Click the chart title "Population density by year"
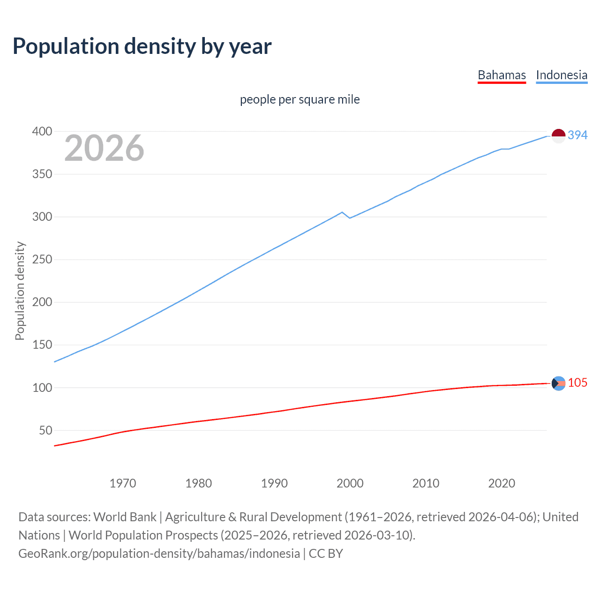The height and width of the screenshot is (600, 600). pyautogui.click(x=142, y=46)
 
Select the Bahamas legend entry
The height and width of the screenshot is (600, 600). pyautogui.click(x=502, y=75)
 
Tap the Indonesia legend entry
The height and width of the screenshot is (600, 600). pyautogui.click(x=561, y=75)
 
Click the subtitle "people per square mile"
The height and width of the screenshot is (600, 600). pyautogui.click(x=300, y=99)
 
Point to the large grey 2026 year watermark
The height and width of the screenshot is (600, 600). pyautogui.click(x=104, y=148)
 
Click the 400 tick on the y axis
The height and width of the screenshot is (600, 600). pyautogui.click(x=42, y=132)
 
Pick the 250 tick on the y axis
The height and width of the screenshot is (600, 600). pyautogui.click(x=42, y=260)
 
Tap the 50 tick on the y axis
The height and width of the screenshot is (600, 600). pyautogui.click(x=45, y=430)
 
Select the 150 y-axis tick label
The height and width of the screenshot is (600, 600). pyautogui.click(x=42, y=345)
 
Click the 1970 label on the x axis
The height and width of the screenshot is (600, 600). pyautogui.click(x=123, y=483)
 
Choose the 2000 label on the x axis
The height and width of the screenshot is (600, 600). pyautogui.click(x=350, y=483)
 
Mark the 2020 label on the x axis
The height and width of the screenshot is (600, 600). pyautogui.click(x=501, y=483)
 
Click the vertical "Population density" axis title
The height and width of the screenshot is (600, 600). pyautogui.click(x=20, y=291)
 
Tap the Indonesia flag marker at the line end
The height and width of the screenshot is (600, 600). pyautogui.click(x=558, y=136)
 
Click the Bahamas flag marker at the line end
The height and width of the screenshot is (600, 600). pyautogui.click(x=558, y=383)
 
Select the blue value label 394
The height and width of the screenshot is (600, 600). pyautogui.click(x=577, y=135)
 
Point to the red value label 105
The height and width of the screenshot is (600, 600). pyautogui.click(x=577, y=383)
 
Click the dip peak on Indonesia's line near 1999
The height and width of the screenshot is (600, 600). pyautogui.click(x=342, y=212)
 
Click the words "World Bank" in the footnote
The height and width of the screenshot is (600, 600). pyautogui.click(x=125, y=517)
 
